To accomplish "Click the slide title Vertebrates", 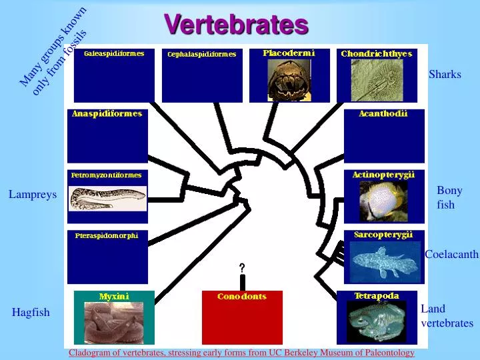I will click(x=236, y=24).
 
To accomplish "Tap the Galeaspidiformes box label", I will click(x=114, y=54).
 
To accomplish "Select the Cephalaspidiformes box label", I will click(x=201, y=55).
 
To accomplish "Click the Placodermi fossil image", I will click(x=289, y=80).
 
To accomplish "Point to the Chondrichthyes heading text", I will click(x=376, y=53).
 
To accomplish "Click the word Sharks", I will click(x=445, y=74).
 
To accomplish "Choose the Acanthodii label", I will click(x=383, y=114).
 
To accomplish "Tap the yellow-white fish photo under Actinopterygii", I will click(x=383, y=200).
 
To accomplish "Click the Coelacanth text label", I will click(x=451, y=254).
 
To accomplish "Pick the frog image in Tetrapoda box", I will click(x=377, y=321).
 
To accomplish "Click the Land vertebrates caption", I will click(x=446, y=316).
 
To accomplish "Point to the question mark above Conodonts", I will click(x=242, y=268).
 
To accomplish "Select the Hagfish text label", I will click(x=31, y=312).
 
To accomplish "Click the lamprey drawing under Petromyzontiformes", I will click(x=108, y=197).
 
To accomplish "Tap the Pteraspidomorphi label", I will click(x=107, y=236).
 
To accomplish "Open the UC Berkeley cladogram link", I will click(x=241, y=353).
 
